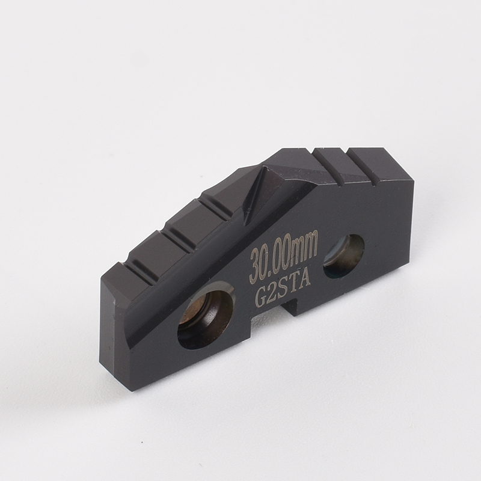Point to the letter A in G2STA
tap(306, 281)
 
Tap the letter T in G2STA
tap(294, 286)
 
